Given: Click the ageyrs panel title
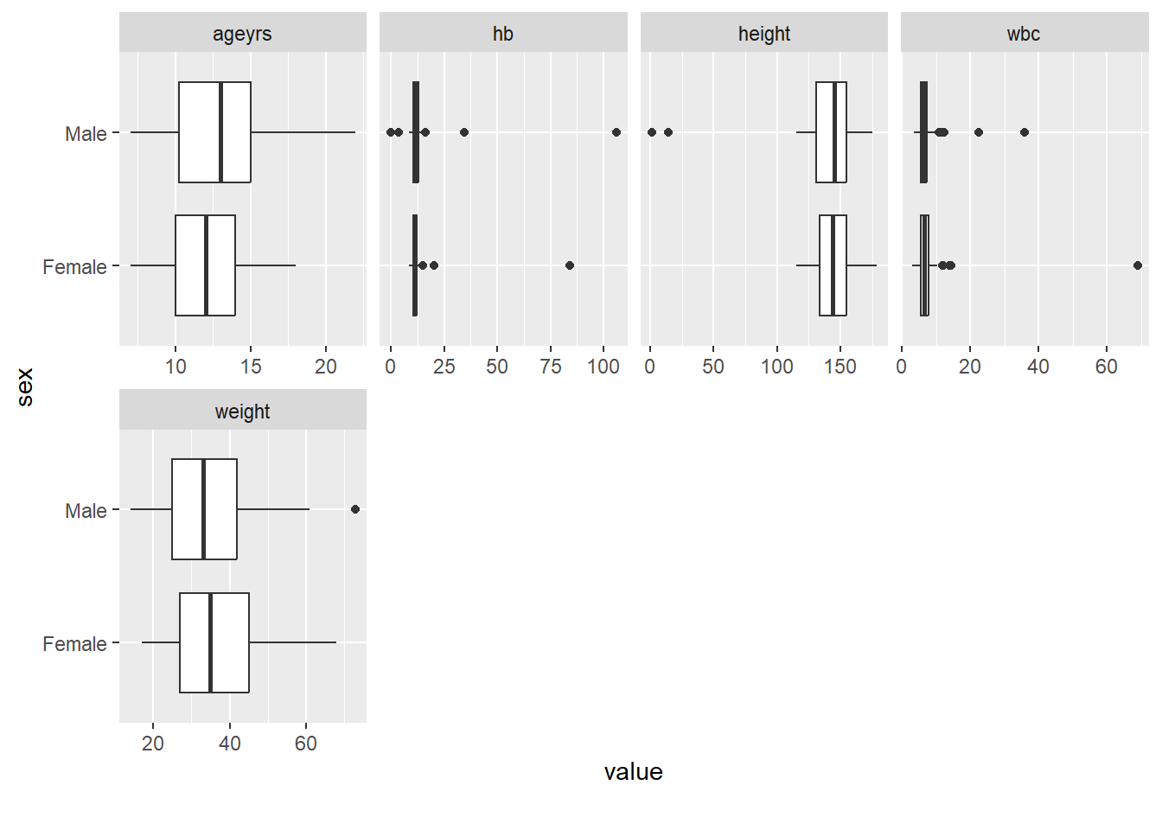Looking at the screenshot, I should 242,34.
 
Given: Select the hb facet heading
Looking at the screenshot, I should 503,34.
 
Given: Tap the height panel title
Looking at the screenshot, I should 764,34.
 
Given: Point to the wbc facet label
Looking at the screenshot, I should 1024,34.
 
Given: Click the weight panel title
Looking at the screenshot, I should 242,412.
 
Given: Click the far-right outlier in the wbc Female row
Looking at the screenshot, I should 1138,265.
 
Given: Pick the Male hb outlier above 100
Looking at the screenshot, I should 616,132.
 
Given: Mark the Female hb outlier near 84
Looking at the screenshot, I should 570,265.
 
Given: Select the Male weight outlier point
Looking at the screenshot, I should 355,509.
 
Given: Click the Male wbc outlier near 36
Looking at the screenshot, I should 1025,132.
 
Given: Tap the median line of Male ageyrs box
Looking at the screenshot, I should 221,132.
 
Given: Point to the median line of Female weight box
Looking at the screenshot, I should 210,642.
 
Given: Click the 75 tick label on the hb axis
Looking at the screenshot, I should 551,367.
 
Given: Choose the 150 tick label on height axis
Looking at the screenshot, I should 840,367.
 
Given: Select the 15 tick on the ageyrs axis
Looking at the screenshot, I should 251,367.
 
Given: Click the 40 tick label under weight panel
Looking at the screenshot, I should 230,744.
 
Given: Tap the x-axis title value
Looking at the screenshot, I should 634,772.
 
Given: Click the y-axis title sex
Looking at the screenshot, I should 25,386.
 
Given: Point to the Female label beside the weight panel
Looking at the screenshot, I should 75,644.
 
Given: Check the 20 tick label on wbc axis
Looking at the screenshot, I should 970,367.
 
